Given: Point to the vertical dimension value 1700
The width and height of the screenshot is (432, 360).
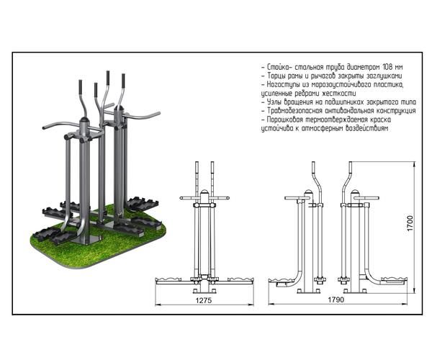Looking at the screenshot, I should pyautogui.click(x=409, y=219).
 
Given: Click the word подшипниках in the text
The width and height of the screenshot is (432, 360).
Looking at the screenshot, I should pyautogui.click(x=340, y=102).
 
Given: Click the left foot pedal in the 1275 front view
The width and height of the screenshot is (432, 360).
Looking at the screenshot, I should pyautogui.click(x=170, y=279).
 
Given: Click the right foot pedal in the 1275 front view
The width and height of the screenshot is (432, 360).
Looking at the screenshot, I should pyautogui.click(x=238, y=279).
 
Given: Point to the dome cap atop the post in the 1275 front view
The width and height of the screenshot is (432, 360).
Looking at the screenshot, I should pyautogui.click(x=204, y=192).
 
